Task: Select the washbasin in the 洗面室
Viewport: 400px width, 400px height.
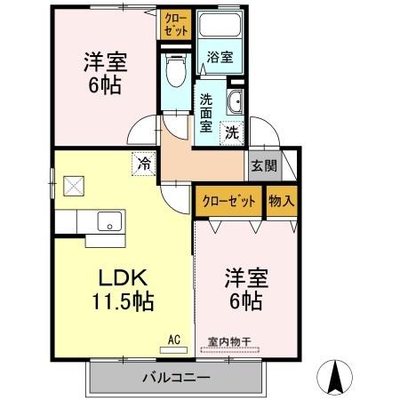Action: (236, 101)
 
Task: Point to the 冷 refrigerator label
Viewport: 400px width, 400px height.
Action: (143, 163)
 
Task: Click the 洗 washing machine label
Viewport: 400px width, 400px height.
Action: (230, 133)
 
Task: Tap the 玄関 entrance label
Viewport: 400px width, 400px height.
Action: (263, 165)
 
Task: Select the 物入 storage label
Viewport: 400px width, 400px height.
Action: (281, 201)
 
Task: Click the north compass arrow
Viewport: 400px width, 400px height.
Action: (337, 377)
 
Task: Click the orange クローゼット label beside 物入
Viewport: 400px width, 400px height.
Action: (228, 201)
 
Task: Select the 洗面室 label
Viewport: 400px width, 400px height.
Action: (207, 113)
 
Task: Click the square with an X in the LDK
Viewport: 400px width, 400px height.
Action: (73, 188)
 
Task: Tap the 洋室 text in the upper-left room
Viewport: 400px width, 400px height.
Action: (105, 62)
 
